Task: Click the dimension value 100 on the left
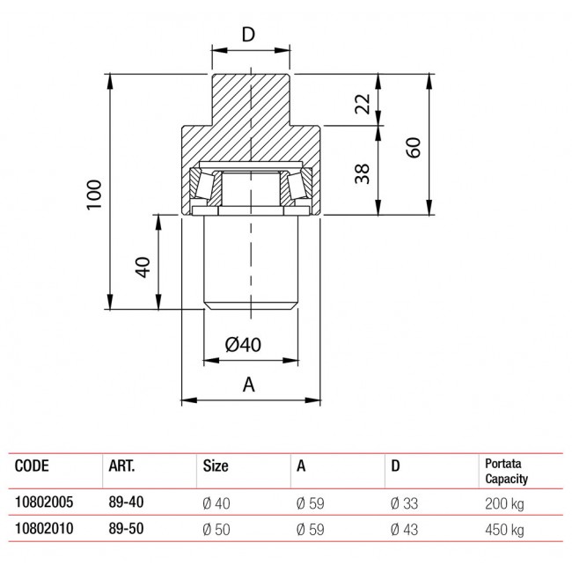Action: pos(96,193)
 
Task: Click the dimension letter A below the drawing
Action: pos(248,384)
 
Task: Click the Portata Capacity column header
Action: pos(509,471)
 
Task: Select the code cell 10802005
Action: pos(44,503)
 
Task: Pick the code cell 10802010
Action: pos(44,530)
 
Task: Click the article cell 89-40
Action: pos(125,503)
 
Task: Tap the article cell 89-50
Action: pos(125,530)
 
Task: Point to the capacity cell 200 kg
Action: pos(504,503)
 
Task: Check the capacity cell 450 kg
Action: pos(504,530)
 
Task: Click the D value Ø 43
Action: pos(407,530)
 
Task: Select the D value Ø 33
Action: pos(407,503)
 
